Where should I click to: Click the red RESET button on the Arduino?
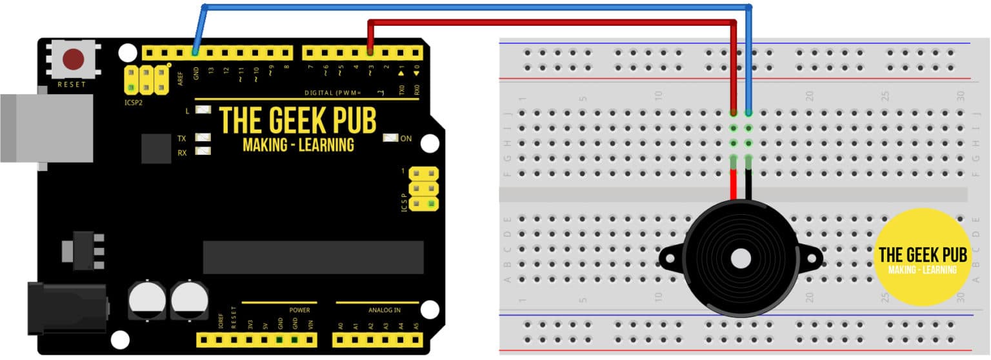click(x=73, y=60)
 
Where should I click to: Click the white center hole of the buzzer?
click(x=741, y=259)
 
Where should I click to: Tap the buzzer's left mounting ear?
click(x=670, y=259)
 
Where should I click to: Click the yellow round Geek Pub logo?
click(x=922, y=257)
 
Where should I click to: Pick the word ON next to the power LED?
click(x=406, y=138)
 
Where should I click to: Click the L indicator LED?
click(x=203, y=110)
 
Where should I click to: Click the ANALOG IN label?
click(x=385, y=310)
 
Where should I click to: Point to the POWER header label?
click(x=299, y=310)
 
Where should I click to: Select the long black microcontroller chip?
click(x=313, y=257)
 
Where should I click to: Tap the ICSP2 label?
click(x=135, y=101)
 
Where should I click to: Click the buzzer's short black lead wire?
click(x=749, y=187)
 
